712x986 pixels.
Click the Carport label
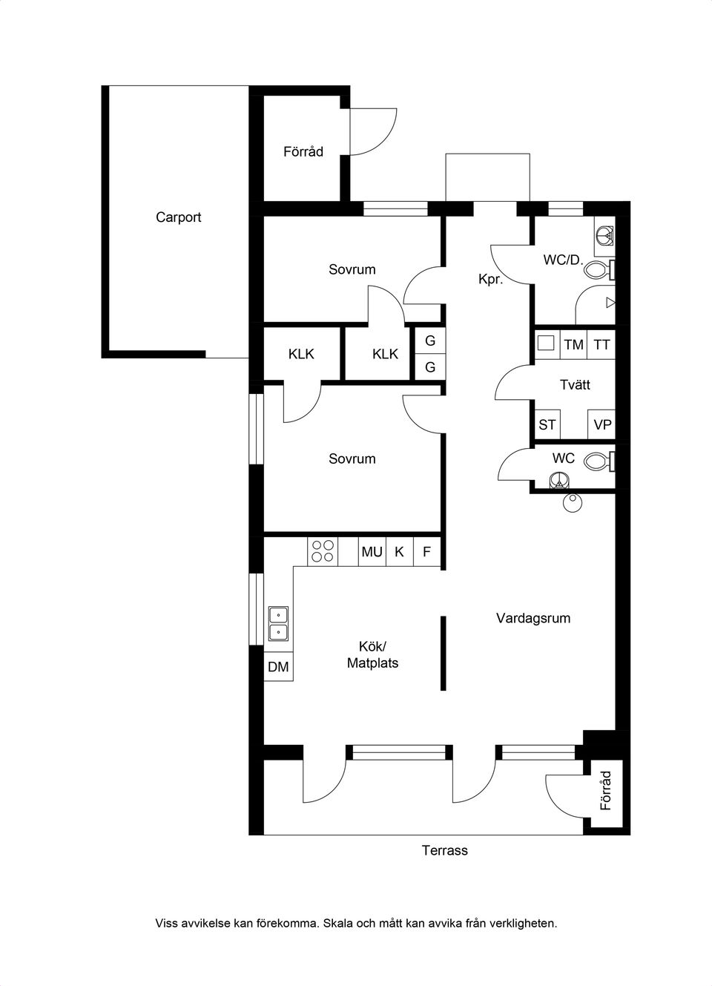point(178,217)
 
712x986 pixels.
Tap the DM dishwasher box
point(278,667)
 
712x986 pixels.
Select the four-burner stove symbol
point(323,550)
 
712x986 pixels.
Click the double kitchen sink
point(278,623)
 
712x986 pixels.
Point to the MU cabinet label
point(372,552)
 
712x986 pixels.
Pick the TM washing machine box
point(573,344)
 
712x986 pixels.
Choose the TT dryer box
point(601,344)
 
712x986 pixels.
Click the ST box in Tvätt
point(547,425)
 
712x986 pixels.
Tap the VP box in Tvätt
point(602,425)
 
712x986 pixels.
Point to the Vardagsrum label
point(533,618)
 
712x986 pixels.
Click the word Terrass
point(445,850)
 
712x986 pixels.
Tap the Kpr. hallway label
point(491,280)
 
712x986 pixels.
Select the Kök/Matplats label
point(372,655)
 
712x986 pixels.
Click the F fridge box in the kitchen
point(426,552)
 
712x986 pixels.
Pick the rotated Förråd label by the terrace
point(606,790)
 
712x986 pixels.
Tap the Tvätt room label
point(575,384)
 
